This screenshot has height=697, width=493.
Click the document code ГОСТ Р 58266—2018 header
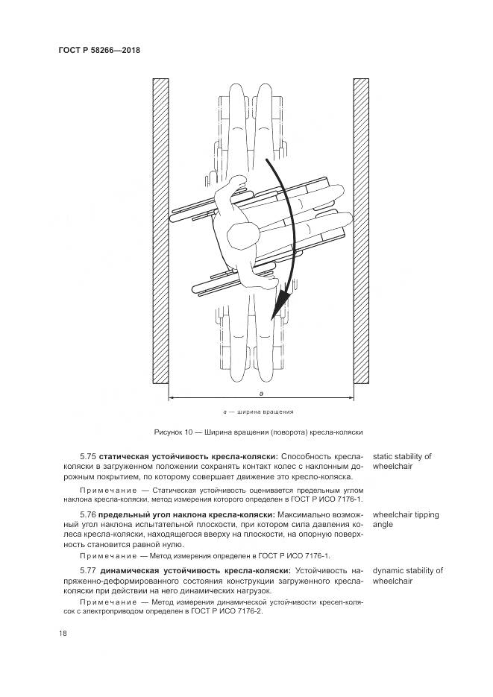[99, 50]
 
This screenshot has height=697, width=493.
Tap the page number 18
[63, 633]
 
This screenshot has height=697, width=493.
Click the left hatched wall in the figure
[160, 231]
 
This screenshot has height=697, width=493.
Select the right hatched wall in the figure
[361, 231]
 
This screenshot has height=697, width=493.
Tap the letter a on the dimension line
[261, 392]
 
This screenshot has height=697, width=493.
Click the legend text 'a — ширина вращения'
[258, 411]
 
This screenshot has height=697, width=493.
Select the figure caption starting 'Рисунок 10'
[258, 432]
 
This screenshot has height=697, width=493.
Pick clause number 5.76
[89, 515]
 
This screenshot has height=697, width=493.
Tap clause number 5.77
[89, 571]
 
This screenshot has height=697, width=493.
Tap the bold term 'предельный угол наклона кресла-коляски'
[189, 515]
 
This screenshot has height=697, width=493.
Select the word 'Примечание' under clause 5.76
[101, 556]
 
